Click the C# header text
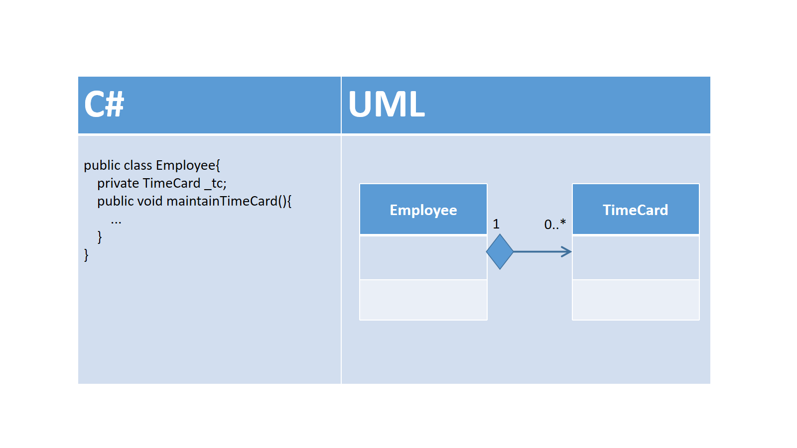(x=104, y=104)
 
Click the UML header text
(x=387, y=104)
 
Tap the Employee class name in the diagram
(x=423, y=210)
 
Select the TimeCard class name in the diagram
(x=636, y=210)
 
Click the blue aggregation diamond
(x=500, y=252)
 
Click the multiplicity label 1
(x=496, y=224)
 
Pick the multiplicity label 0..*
(x=555, y=224)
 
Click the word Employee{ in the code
(x=188, y=166)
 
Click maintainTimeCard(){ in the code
(x=229, y=201)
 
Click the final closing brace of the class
(x=86, y=255)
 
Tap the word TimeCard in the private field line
(x=171, y=184)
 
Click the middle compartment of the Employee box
(x=423, y=257)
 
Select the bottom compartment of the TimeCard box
(x=636, y=300)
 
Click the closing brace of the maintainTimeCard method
(x=100, y=237)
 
